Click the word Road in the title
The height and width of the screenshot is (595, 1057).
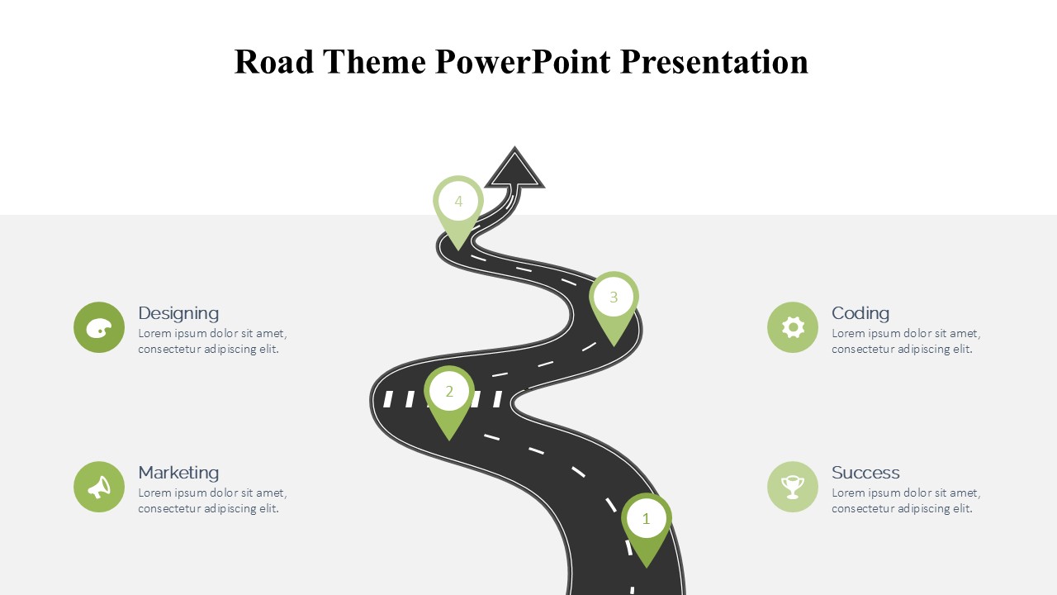274,62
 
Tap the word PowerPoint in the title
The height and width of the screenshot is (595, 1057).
523,62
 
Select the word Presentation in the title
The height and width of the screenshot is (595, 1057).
714,62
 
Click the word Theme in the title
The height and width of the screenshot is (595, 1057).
375,62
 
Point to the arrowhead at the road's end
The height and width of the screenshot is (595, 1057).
514,170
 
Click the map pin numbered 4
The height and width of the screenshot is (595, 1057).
458,207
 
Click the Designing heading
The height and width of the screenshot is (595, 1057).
178,313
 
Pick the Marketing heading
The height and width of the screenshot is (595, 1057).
178,473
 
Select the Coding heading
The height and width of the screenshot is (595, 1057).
860,313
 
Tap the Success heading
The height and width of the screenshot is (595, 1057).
865,473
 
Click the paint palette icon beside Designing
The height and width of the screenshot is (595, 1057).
99,327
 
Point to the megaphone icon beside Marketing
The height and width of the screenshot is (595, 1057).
99,487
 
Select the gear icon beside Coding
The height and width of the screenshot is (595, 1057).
793,327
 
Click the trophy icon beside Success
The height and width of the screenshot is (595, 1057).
793,487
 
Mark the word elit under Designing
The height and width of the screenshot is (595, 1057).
269,349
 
